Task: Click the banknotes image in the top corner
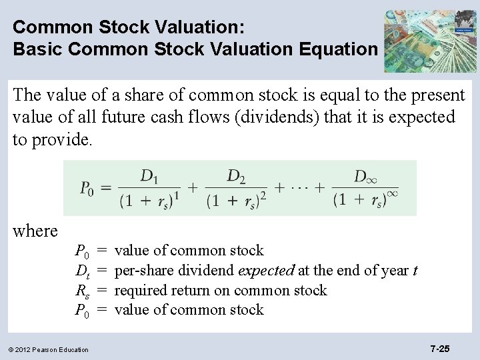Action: click(x=429, y=41)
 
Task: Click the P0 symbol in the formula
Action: click(x=87, y=189)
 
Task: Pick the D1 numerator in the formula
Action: click(x=149, y=176)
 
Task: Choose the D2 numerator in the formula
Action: click(x=235, y=176)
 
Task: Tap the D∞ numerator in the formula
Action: click(x=363, y=177)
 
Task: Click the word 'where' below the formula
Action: click(x=35, y=231)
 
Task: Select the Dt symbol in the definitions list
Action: click(x=82, y=271)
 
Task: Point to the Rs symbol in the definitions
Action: click(x=82, y=291)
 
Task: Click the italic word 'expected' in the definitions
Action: click(x=266, y=271)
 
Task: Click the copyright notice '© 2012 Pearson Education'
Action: click(x=49, y=349)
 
